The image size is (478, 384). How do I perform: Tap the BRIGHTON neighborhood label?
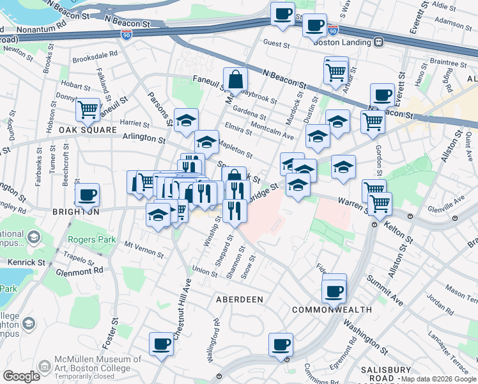point(76,211)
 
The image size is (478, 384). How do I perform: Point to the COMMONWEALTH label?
point(332,310)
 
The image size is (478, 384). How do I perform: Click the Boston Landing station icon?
point(379,42)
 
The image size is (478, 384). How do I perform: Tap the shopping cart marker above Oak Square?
point(88,109)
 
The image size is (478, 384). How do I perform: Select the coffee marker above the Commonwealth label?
point(334,291)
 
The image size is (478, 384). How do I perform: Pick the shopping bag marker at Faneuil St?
point(235,79)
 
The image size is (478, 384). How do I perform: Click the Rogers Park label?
point(89,241)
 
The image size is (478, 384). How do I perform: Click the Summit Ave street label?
point(385,290)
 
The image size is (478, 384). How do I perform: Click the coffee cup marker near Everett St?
point(382,95)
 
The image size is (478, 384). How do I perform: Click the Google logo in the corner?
point(21,376)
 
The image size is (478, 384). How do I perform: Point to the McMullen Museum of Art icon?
point(45,366)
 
